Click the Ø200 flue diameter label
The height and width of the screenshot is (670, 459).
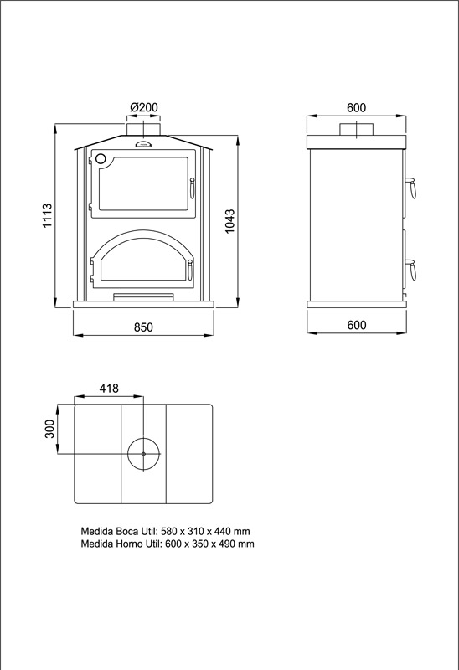click(x=144, y=107)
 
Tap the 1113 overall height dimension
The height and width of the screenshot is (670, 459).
click(x=48, y=215)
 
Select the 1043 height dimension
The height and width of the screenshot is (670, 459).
click(x=230, y=221)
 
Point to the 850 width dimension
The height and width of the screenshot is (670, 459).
click(x=143, y=327)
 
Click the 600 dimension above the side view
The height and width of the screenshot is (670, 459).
click(x=357, y=108)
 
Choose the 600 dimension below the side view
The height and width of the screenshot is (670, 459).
click(x=357, y=325)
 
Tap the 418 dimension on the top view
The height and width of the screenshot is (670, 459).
click(x=109, y=389)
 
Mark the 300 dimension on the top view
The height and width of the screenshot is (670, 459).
click(x=50, y=429)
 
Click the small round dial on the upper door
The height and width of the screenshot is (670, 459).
click(x=100, y=159)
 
